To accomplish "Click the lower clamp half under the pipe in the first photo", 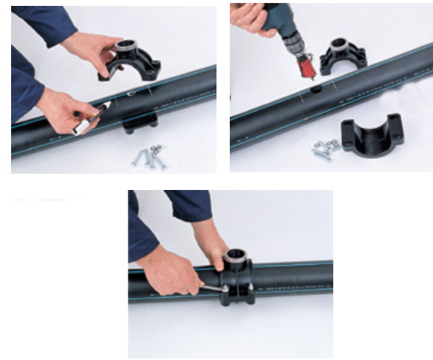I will point(140,121).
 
